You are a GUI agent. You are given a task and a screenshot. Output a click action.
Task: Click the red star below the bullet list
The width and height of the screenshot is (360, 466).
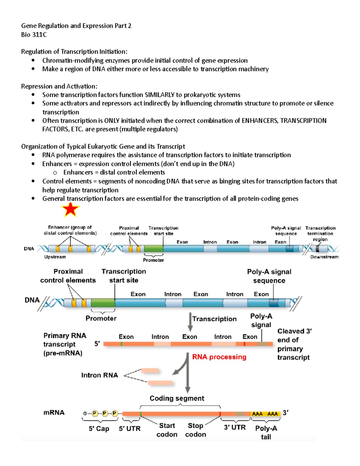pos(70,209)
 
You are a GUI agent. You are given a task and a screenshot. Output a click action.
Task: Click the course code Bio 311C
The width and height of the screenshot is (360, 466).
pos(34,35)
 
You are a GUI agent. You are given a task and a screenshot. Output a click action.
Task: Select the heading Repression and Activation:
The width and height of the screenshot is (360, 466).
pos(59,86)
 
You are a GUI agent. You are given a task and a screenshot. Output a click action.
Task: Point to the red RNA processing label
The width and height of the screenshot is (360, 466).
pos(219,357)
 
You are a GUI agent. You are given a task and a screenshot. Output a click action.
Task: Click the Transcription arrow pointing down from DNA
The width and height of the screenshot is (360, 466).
pos(190,322)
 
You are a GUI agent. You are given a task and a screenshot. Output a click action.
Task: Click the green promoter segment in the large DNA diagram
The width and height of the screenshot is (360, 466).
pos(103,303)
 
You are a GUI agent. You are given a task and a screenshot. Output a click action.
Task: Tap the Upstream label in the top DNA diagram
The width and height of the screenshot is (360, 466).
pos(55,257)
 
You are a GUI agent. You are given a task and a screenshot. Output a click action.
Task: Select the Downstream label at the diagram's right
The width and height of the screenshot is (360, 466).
pos(324,257)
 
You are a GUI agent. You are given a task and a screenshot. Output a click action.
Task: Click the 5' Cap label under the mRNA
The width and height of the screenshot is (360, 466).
pos(99,428)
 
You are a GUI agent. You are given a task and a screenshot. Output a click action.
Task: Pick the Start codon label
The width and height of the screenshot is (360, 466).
pos(167,430)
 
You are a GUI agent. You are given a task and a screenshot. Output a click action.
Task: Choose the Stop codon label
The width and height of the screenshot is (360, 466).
pos(196,430)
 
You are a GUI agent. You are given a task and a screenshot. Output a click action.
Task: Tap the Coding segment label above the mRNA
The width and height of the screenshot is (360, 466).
pos(177,398)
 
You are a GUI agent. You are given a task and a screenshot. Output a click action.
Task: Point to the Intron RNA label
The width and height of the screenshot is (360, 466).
pos(100,375)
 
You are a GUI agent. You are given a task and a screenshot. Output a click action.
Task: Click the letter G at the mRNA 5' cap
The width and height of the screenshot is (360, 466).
pos(85,413)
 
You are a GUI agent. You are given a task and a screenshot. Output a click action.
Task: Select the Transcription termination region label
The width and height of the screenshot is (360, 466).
pos(320,233)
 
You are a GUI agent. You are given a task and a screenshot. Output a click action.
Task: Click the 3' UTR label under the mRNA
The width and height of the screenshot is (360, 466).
pos(235,427)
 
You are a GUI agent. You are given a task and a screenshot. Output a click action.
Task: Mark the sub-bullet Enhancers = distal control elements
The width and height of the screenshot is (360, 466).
pos(114,173)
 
